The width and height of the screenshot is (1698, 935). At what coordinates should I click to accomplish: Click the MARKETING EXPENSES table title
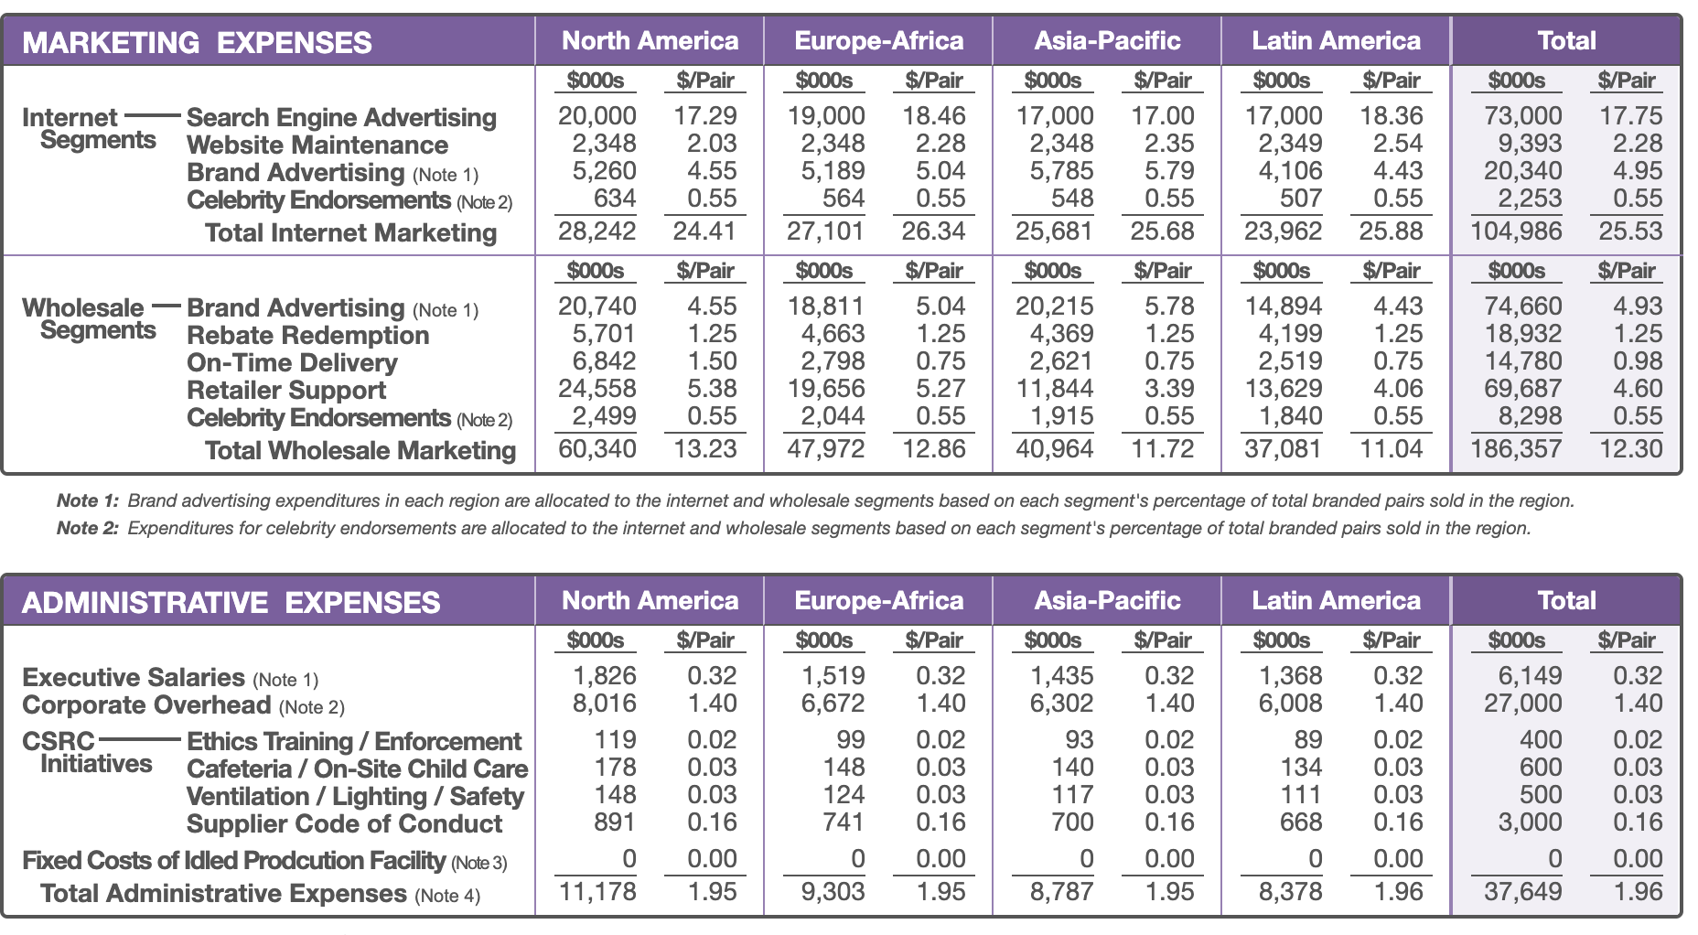pyautogui.click(x=197, y=42)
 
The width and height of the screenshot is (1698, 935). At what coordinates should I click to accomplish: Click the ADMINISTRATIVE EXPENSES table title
pyautogui.click(x=231, y=602)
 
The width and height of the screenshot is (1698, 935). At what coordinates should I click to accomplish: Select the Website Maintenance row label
pyautogui.click(x=317, y=145)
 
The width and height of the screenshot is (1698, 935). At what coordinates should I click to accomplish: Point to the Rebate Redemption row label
pyautogui.click(x=307, y=335)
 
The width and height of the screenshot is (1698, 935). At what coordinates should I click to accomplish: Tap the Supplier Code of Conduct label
pyautogui.click(x=344, y=823)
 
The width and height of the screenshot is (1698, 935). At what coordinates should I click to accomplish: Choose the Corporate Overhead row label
pyautogui.click(x=146, y=704)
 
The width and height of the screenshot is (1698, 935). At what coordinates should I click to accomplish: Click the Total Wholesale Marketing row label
pyautogui.click(x=360, y=450)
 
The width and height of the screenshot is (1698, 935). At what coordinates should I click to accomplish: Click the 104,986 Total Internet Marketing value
pyautogui.click(x=1516, y=231)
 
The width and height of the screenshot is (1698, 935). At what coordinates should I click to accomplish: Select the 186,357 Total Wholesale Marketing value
pyautogui.click(x=1516, y=449)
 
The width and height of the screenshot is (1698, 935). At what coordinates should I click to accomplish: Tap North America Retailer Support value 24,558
pyautogui.click(x=596, y=389)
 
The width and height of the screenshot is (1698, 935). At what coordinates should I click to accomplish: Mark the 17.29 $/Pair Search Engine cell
pyautogui.click(x=704, y=116)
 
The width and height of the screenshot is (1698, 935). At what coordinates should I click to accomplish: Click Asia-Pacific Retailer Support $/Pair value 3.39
pyautogui.click(x=1169, y=389)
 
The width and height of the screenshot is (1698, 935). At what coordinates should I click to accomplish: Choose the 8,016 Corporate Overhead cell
pyautogui.click(x=604, y=704)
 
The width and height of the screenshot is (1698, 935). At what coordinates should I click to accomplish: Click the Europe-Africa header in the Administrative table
pyautogui.click(x=878, y=600)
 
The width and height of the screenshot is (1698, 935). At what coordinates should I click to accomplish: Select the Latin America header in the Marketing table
pyautogui.click(x=1336, y=41)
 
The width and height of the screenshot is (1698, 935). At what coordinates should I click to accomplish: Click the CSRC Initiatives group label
pyautogui.click(x=87, y=752)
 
